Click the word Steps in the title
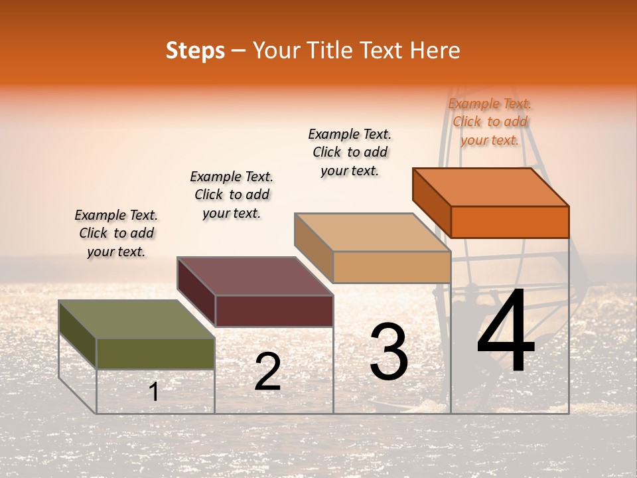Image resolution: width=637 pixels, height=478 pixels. tap(195, 50)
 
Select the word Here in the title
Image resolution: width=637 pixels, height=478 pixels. tap(435, 50)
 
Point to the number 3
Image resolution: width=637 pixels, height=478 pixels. tap(389, 352)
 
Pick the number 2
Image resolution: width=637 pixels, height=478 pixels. tap(267, 372)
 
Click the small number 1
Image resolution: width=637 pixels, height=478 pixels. tap(154, 392)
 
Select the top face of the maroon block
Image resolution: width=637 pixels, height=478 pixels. tap(255, 276)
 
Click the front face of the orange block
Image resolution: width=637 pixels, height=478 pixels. tap(510, 222)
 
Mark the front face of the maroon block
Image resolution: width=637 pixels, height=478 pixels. tap(274, 311)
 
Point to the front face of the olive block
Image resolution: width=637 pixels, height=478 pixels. tap(155, 353)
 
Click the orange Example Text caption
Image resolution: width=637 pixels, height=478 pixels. tap(490, 121)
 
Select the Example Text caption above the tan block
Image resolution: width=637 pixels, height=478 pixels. tap(350, 152)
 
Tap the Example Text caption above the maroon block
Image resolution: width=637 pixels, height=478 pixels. tap(232, 195)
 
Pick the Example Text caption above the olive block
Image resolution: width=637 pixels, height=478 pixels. tap(116, 233)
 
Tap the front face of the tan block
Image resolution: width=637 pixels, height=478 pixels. tap(391, 267)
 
